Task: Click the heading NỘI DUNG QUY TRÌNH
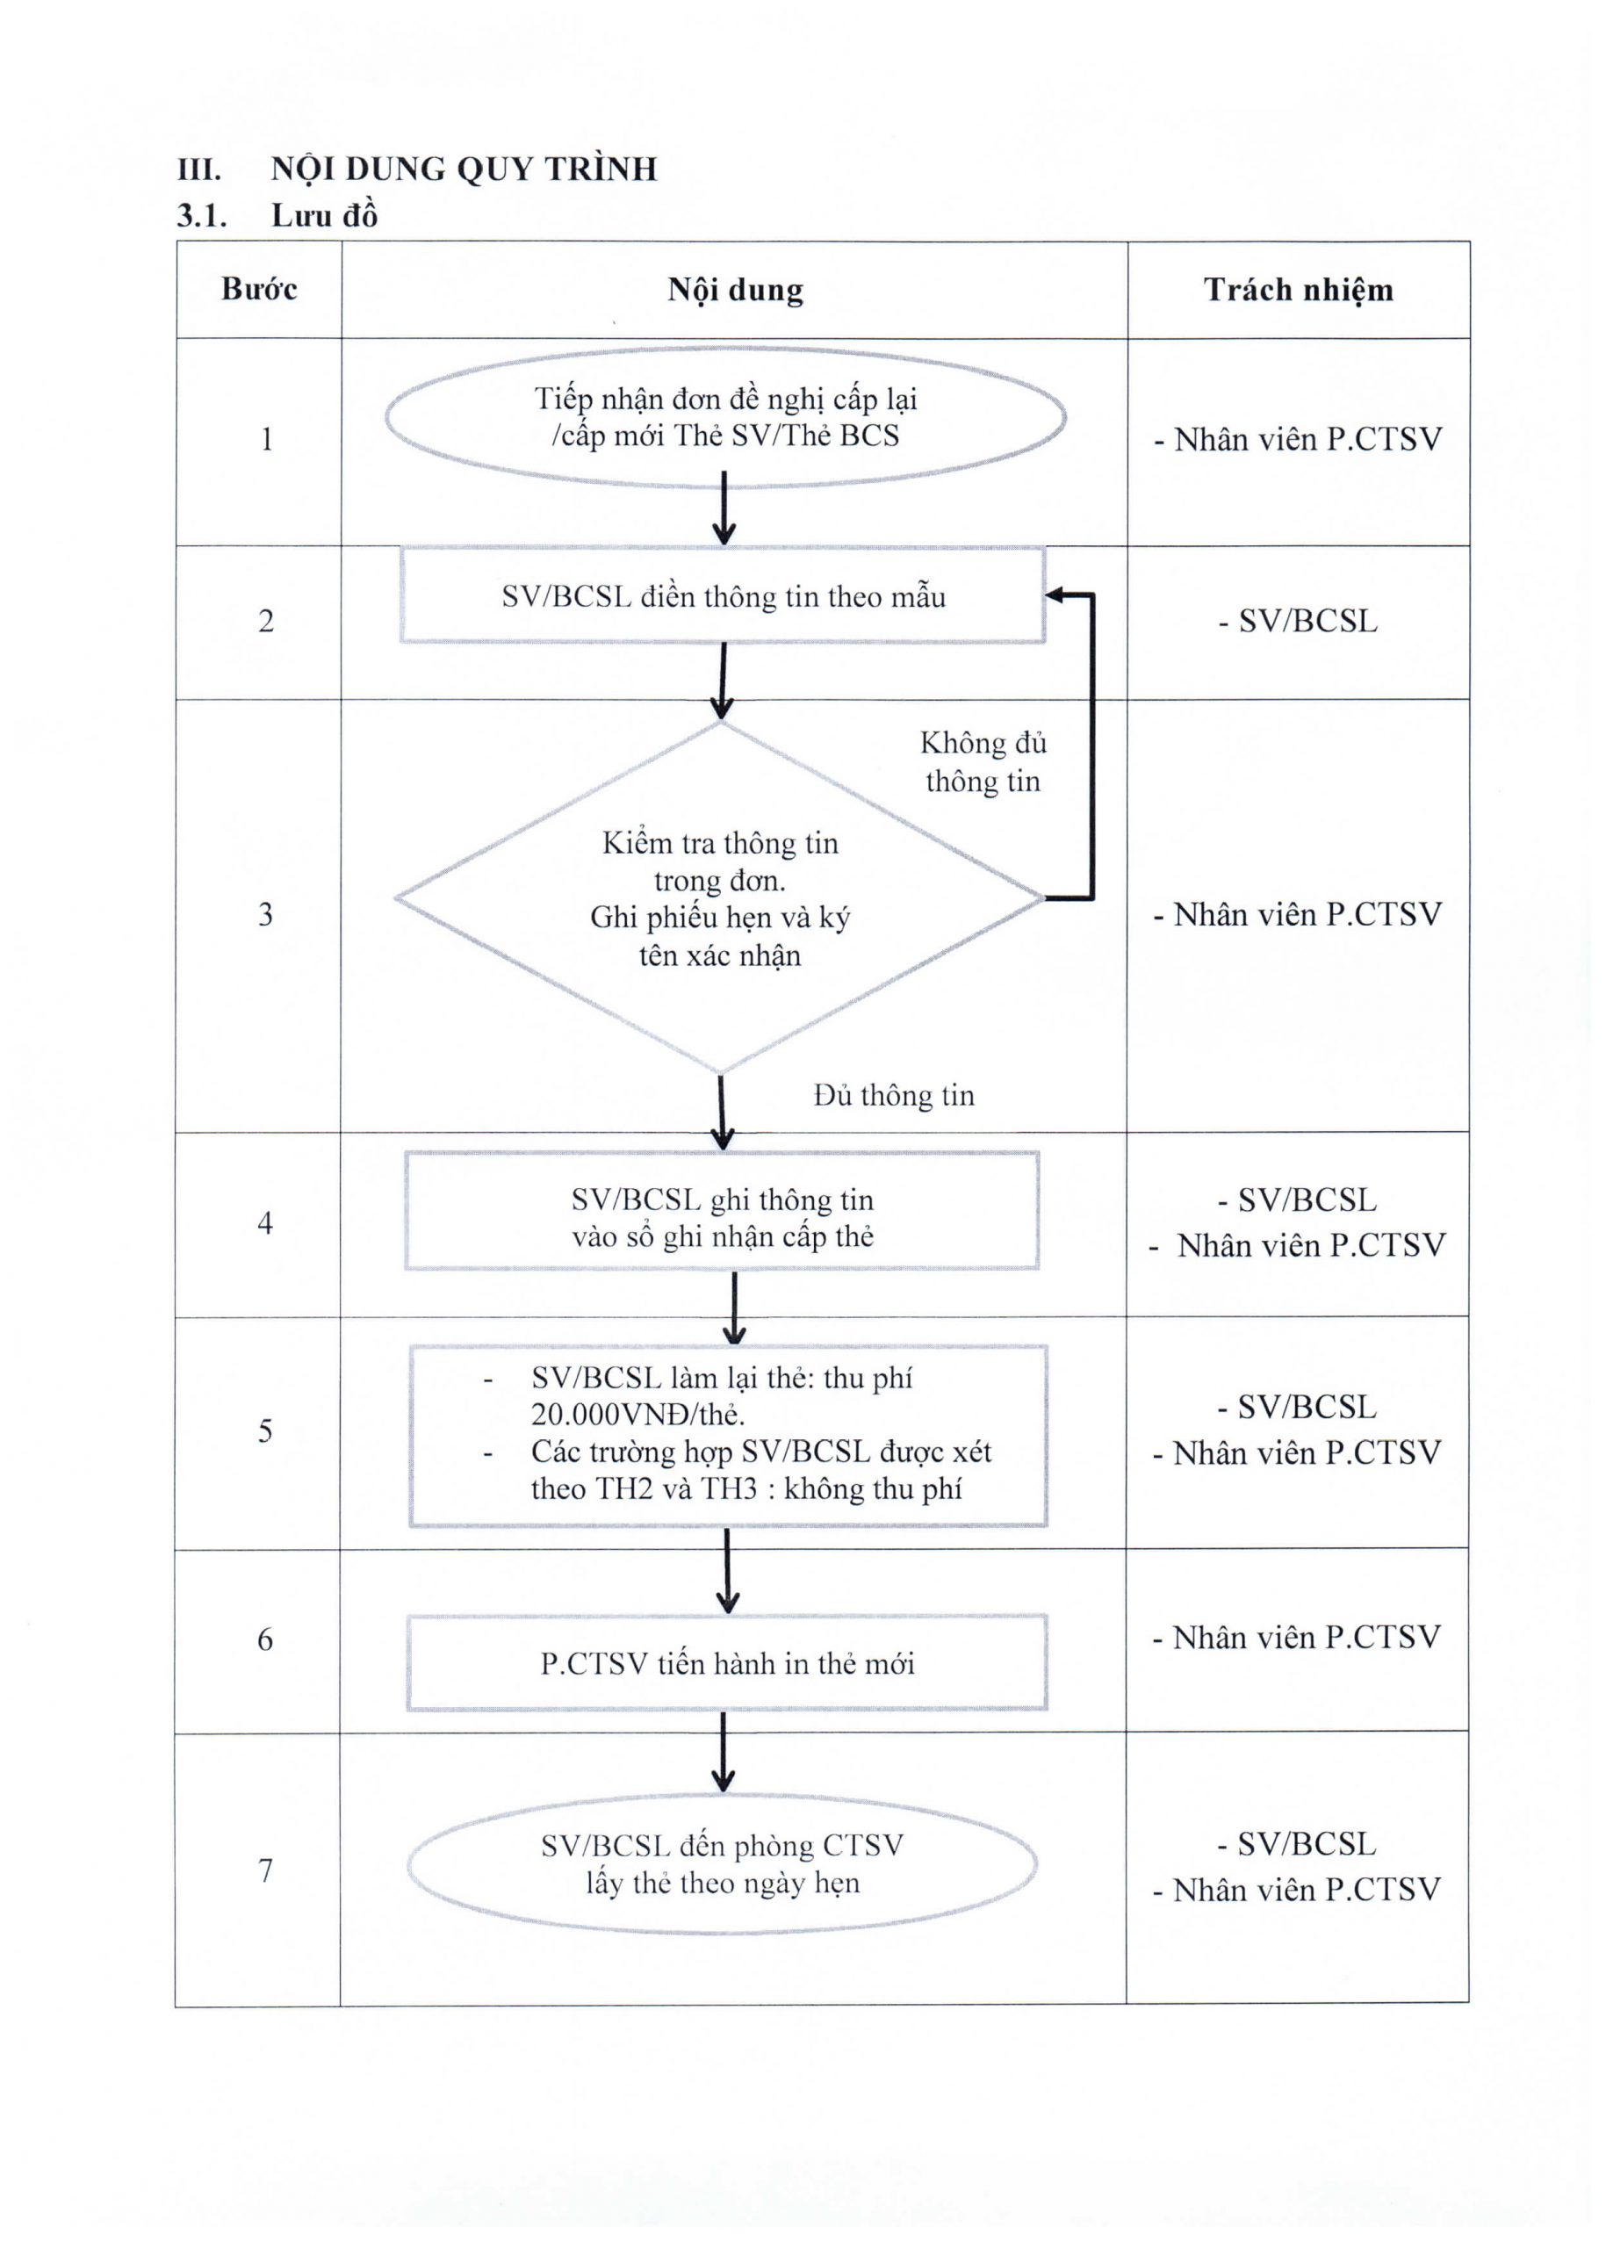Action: point(464,169)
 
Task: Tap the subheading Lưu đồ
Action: point(324,216)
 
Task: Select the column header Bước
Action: point(259,289)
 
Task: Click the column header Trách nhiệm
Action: point(1299,289)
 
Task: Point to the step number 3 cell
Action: point(265,914)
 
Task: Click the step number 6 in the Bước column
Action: point(265,1639)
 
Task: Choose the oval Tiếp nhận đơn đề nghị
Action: point(725,416)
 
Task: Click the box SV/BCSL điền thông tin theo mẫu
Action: point(723,596)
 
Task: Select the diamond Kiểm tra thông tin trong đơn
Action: point(720,898)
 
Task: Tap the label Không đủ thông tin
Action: point(983,761)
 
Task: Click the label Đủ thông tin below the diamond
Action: point(894,1096)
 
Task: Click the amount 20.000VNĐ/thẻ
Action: point(637,1415)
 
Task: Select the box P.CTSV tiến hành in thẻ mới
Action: point(727,1663)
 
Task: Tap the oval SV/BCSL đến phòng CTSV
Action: point(722,1863)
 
